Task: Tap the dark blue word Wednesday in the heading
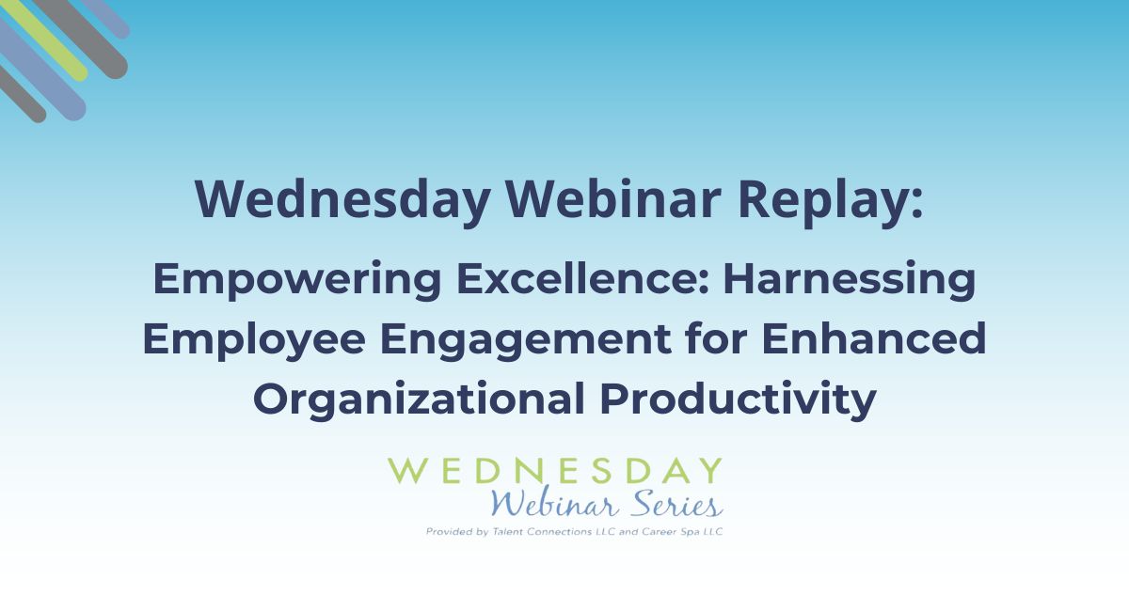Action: coord(345,196)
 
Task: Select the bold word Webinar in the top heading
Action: coord(608,196)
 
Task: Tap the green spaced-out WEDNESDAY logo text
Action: coord(555,470)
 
